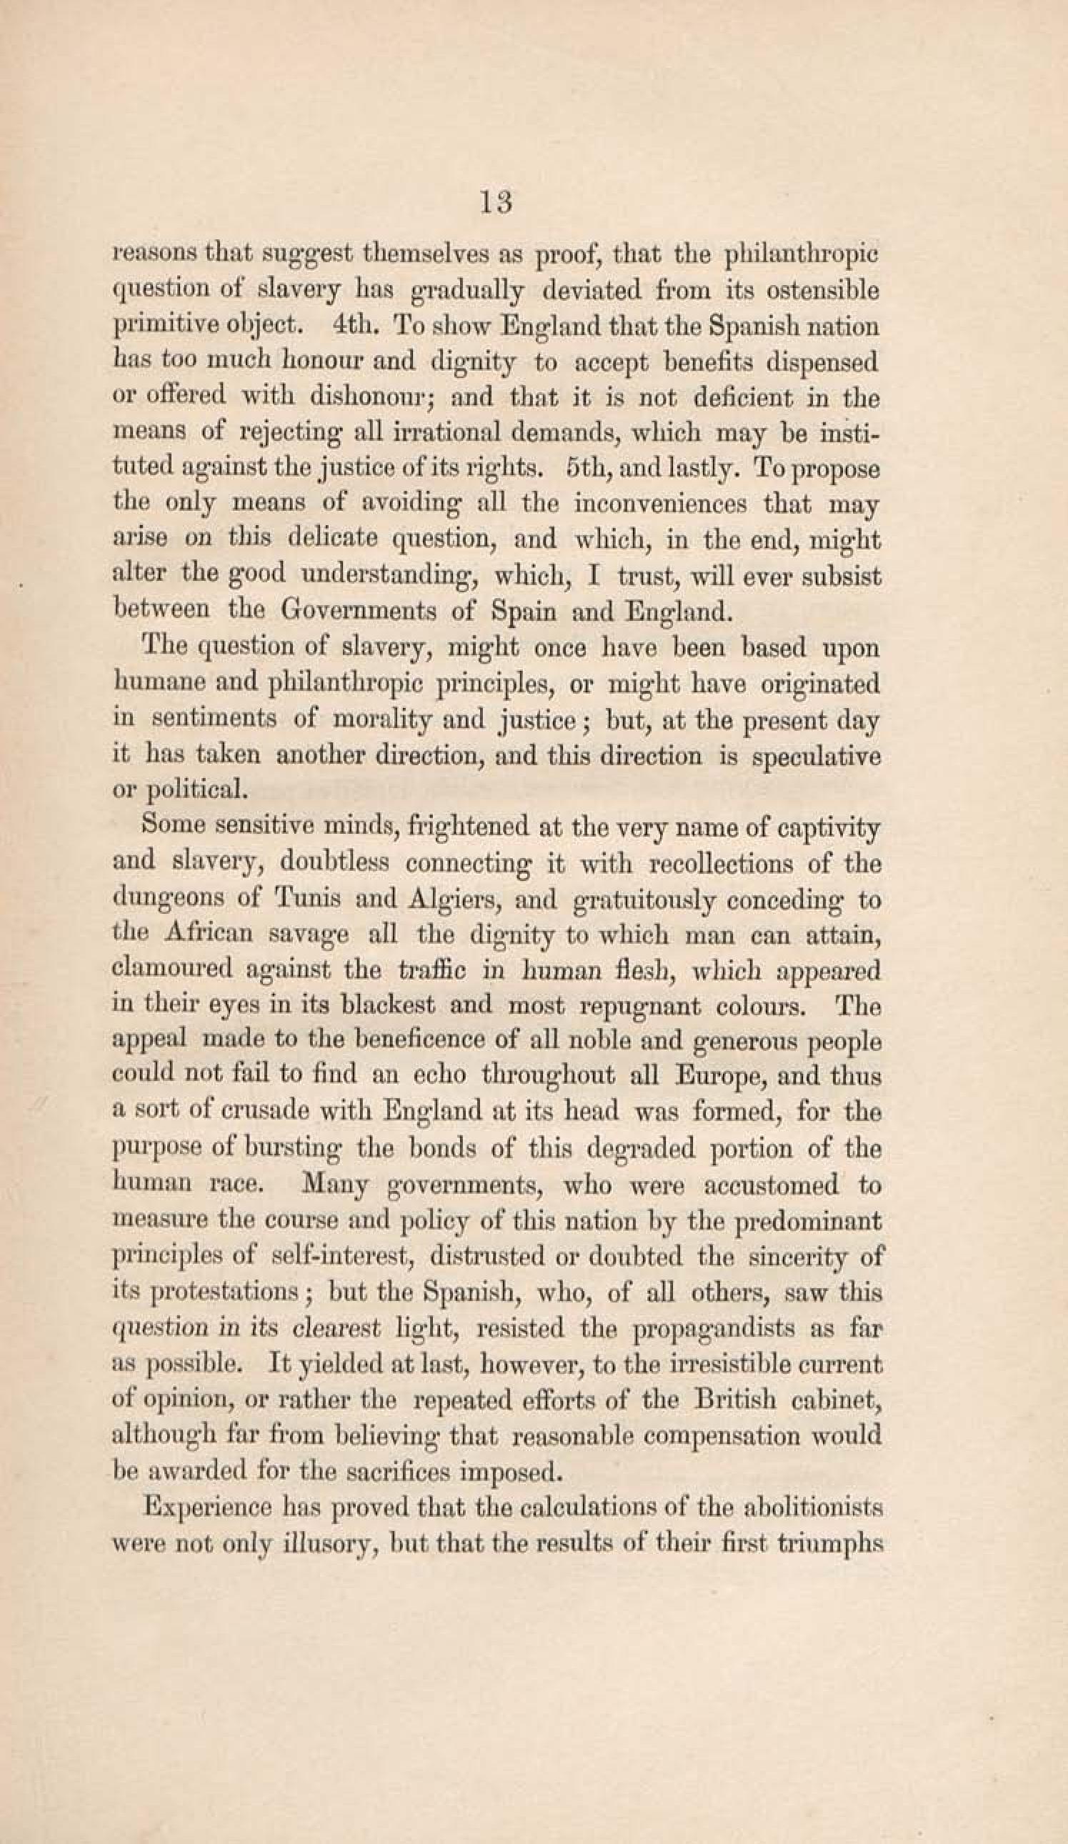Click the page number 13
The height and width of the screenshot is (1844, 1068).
[x=496, y=202]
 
